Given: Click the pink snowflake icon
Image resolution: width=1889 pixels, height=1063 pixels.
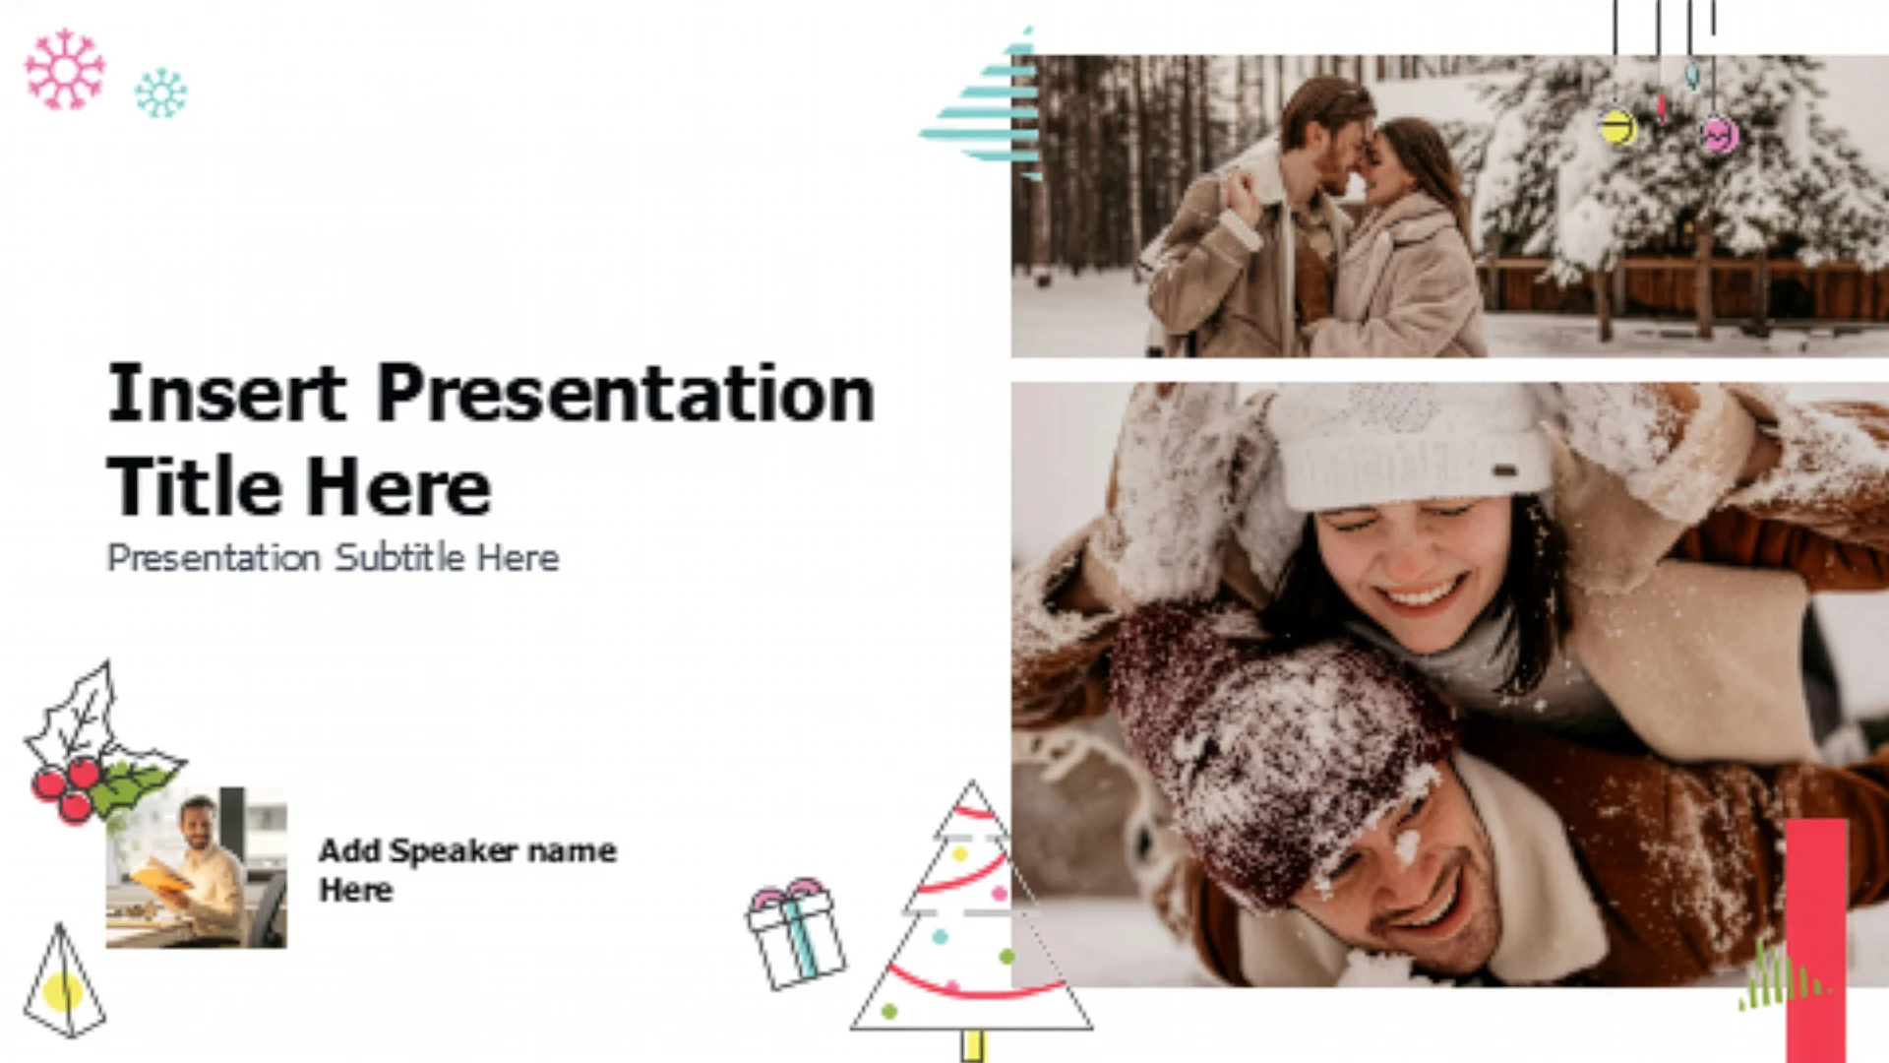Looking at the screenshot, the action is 65,69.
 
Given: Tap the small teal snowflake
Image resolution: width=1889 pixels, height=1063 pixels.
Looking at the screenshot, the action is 160,94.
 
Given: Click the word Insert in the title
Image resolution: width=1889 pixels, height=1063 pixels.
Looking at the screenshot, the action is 226,393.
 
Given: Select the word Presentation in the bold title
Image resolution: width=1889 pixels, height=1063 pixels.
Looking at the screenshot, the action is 626,394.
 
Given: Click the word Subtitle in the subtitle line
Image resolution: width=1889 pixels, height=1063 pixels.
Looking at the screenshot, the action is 399,557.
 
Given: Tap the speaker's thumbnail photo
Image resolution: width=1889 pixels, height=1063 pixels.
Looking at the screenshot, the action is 196,867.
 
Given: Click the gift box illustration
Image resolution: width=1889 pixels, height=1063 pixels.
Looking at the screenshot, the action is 795,933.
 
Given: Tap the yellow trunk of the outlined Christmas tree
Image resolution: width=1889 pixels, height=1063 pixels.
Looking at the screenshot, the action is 972,1045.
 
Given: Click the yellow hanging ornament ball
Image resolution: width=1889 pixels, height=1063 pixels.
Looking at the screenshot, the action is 1616,127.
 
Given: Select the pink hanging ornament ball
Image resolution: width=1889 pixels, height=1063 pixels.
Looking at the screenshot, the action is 1719,134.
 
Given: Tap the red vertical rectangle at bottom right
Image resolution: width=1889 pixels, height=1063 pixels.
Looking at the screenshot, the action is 1816,940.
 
